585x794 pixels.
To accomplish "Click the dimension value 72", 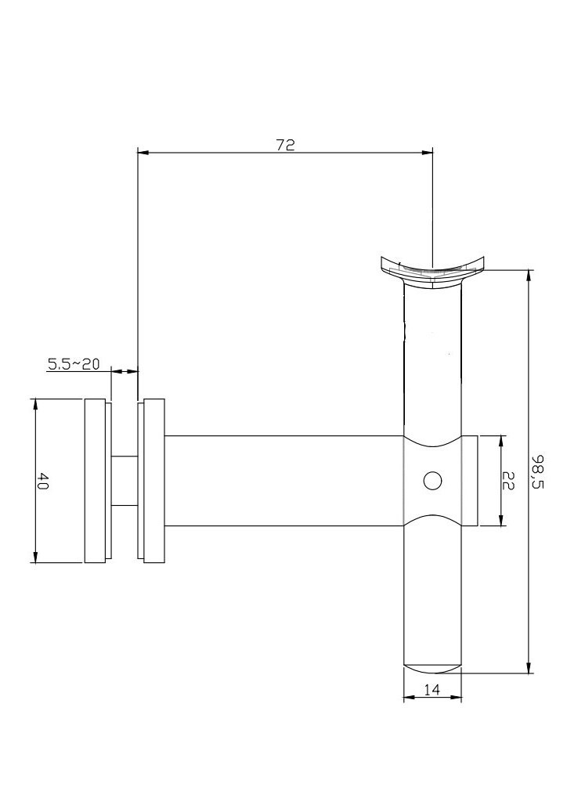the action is point(285,145).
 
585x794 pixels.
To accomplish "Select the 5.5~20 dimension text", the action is point(74,363).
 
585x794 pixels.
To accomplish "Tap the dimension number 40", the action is point(42,481).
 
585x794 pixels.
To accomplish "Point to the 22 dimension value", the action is point(508,481).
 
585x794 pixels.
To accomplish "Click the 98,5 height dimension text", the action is point(537,471).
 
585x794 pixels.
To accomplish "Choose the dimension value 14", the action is point(432,689).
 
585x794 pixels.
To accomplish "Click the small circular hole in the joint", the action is point(432,481).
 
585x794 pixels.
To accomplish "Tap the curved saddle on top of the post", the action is point(432,273).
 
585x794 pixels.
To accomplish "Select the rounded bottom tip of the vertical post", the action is point(432,669).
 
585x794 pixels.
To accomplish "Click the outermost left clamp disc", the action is point(95,481).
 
